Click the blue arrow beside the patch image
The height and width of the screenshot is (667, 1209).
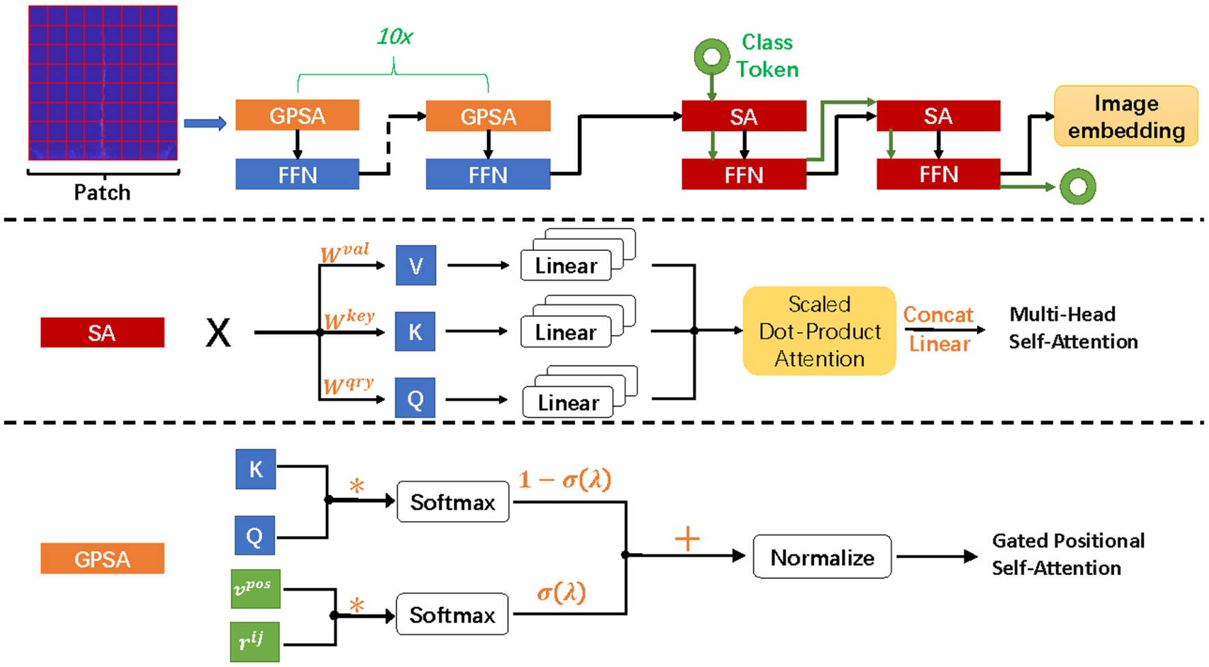click(205, 123)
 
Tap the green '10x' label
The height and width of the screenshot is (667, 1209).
click(394, 37)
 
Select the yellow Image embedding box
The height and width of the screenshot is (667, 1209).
click(1126, 116)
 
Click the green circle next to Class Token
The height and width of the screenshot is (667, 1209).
click(712, 57)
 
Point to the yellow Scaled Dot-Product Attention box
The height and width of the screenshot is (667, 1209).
click(819, 331)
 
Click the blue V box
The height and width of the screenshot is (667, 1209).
click(416, 265)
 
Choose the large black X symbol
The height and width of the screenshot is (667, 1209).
click(218, 333)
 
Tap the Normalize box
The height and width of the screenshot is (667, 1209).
click(821, 557)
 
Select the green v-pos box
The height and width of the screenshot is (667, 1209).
click(255, 589)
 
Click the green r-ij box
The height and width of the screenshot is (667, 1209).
click(254, 642)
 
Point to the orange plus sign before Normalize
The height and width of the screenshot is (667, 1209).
click(687, 539)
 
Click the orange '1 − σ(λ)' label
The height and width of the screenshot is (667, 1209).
click(564, 479)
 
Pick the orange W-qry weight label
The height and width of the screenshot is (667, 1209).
click(348, 385)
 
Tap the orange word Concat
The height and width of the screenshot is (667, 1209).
click(938, 314)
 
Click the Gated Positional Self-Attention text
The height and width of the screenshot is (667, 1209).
click(1068, 554)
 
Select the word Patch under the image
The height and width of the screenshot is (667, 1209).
click(102, 192)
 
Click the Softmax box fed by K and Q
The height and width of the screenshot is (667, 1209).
click(452, 502)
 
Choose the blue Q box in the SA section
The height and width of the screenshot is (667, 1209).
click(416, 399)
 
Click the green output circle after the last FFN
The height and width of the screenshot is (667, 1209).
click(1077, 186)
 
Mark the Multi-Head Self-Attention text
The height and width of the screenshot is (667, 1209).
click(1073, 327)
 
